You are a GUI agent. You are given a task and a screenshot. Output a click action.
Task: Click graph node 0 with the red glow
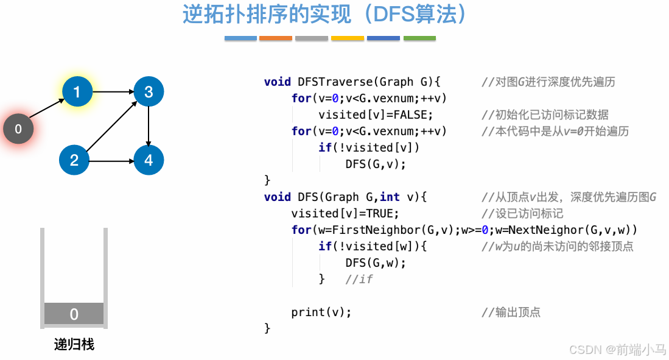click(18, 129)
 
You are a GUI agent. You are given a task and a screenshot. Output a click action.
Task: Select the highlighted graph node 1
click(77, 92)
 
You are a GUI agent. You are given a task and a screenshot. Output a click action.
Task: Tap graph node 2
click(74, 160)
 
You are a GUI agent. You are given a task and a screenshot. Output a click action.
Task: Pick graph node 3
click(149, 92)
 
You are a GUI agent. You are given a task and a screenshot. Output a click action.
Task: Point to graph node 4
click(149, 160)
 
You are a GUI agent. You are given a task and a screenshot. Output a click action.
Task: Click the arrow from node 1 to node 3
click(113, 92)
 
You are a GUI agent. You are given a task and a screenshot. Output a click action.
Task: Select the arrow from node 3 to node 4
click(149, 126)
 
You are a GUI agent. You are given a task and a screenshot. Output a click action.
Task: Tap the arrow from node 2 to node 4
click(111, 161)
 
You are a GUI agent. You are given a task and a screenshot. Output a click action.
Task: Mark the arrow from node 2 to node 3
click(111, 127)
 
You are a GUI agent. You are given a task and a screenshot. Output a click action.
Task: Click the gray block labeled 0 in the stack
click(74, 314)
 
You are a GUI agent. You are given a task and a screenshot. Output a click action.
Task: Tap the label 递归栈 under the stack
click(74, 345)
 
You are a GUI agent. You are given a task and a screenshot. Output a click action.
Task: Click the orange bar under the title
click(276, 38)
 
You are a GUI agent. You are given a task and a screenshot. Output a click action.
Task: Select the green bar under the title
click(419, 38)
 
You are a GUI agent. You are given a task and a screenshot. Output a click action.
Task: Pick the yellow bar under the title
click(348, 38)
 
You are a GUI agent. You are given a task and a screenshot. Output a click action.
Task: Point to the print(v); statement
click(321, 312)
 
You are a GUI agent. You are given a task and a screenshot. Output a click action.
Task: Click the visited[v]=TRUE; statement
click(345, 213)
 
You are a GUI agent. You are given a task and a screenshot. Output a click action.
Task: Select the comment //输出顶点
click(511, 312)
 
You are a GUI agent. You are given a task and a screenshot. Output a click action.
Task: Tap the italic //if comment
click(359, 279)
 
